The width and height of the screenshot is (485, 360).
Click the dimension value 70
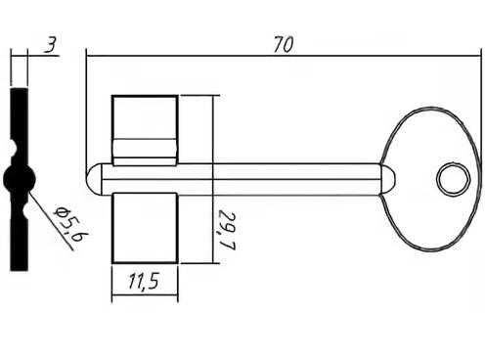point(284,45)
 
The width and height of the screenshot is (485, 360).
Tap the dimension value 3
point(51,45)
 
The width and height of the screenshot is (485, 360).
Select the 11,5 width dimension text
point(144,282)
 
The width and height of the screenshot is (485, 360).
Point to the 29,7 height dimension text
point(227,231)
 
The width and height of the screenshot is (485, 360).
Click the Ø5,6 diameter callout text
point(71,224)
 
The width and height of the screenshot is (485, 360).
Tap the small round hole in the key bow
point(454,179)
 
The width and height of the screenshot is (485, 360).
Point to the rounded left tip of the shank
point(89,179)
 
